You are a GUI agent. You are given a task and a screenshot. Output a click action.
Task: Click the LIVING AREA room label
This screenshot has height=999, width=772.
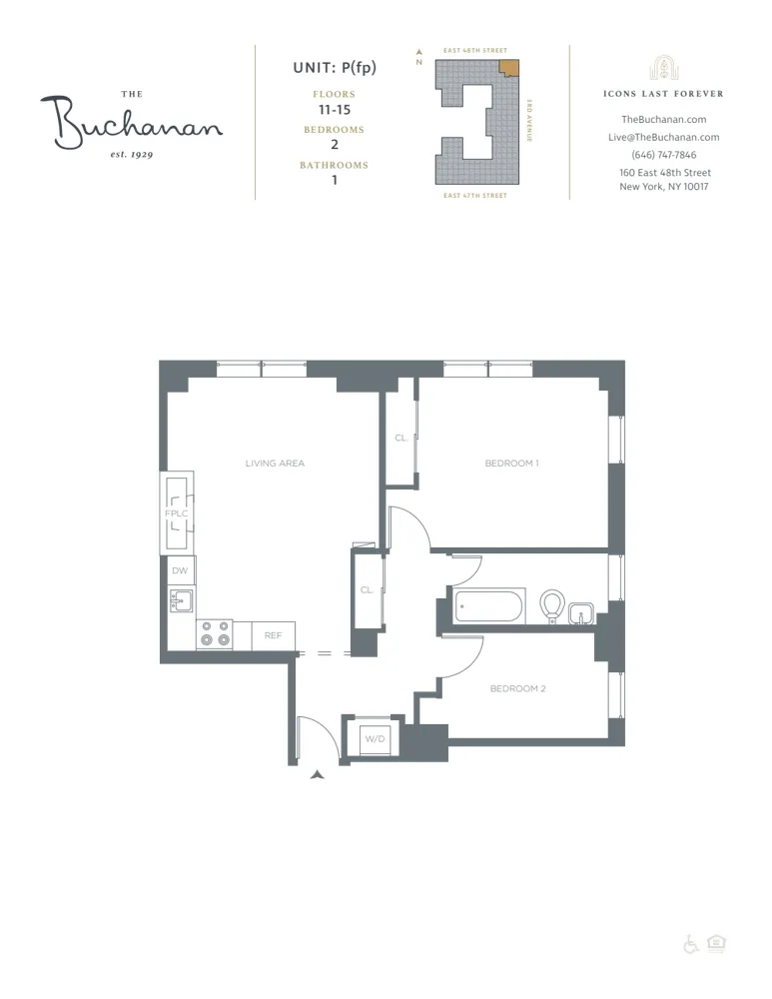tap(275, 464)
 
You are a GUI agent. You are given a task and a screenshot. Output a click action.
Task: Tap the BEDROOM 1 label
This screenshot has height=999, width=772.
tap(511, 464)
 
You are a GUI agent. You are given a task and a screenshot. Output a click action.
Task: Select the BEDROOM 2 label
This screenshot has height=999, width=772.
tap(517, 689)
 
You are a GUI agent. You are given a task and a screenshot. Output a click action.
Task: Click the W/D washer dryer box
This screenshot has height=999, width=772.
tap(375, 739)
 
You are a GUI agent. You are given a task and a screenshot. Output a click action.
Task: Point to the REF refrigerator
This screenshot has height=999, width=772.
tap(273, 635)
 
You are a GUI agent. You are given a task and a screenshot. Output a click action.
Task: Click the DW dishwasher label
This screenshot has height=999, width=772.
tap(180, 570)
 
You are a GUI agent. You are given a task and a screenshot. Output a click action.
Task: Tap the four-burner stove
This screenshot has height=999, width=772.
tap(214, 634)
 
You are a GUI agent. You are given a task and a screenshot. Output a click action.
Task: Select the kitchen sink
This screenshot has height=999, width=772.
tap(182, 601)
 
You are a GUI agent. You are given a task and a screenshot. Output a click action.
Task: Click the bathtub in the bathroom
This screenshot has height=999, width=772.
tap(488, 606)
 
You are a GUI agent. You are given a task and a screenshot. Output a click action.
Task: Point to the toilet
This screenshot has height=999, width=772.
tap(551, 605)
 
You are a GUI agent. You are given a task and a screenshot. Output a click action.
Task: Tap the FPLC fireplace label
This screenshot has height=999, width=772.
tap(177, 513)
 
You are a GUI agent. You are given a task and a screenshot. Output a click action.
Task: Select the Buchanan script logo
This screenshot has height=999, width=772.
tap(130, 122)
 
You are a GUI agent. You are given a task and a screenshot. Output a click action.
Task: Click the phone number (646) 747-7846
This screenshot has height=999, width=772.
tap(664, 155)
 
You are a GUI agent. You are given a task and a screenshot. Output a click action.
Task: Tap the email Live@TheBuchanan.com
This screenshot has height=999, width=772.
tap(664, 138)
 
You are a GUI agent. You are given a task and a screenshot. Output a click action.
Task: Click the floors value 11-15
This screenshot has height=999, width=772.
tap(334, 109)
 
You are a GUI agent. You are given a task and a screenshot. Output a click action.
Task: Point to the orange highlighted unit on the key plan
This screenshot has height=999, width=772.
tap(509, 68)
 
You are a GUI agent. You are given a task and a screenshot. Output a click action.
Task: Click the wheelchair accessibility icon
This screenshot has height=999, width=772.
tap(691, 944)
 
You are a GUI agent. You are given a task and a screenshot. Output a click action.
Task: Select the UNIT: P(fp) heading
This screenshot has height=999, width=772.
tap(334, 68)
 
